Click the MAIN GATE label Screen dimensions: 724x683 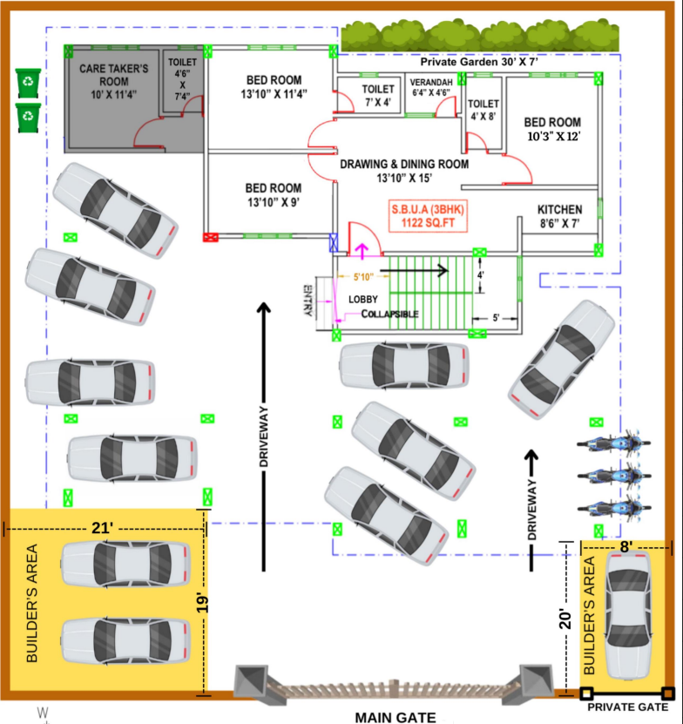[395, 716]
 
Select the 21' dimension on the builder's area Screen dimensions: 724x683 [105, 527]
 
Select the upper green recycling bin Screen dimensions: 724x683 [28, 83]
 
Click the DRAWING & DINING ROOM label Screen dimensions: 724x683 [404, 170]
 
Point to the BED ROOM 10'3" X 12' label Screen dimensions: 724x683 [552, 129]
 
